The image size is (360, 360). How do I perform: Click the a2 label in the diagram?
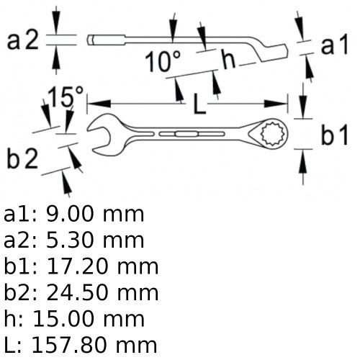pos(23,41)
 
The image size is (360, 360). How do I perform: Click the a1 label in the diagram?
pos(334,45)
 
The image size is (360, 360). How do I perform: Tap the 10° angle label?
pos(163,61)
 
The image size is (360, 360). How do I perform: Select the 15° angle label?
pos(66,96)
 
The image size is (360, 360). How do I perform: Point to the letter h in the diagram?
pos(229,58)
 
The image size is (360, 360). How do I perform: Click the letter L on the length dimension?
pos(199,104)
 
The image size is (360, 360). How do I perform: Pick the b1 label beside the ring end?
pos(335,135)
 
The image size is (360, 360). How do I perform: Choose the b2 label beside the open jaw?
pos(22,158)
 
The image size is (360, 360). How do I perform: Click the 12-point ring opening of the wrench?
pos(274,134)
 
